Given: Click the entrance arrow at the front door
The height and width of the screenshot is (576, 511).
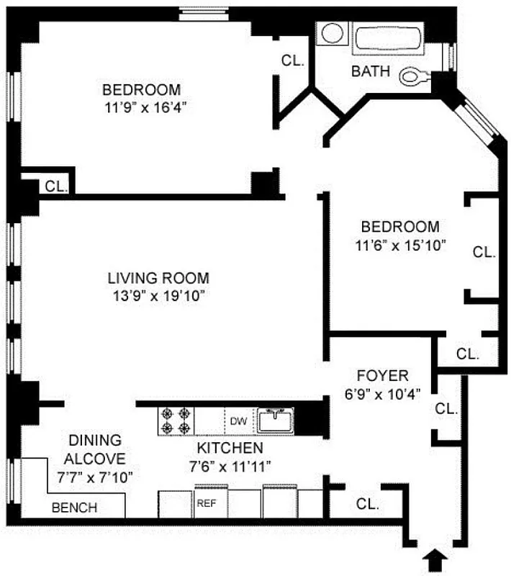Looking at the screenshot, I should pos(436,559).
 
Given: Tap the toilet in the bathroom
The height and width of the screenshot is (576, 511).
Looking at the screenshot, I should pos(414,74).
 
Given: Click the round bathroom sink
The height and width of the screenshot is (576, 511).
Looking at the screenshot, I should pos(333,34).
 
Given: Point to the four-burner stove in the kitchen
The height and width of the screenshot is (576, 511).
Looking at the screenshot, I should pos(176,420).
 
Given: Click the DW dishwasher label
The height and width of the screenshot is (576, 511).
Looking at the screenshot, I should pos(239,420).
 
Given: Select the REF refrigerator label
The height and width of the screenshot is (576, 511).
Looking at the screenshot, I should pos(207,503).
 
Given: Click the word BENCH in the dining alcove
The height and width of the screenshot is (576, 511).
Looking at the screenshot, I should pos(75,508).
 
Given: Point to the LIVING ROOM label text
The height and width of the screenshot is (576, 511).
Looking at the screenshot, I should pos(158,278).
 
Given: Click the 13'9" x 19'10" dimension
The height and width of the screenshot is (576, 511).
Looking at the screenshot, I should pos(158,295).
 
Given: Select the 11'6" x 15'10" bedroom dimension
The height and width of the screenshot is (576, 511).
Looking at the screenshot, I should pos(401,244).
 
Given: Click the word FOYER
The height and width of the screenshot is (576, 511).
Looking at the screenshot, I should pos(383,375).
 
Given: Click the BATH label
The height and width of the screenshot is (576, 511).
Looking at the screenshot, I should pos(371,71).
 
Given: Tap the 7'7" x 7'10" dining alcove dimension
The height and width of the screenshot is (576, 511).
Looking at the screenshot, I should pos(95,476).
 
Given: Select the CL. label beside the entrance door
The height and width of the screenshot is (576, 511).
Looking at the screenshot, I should pos(367,504).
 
